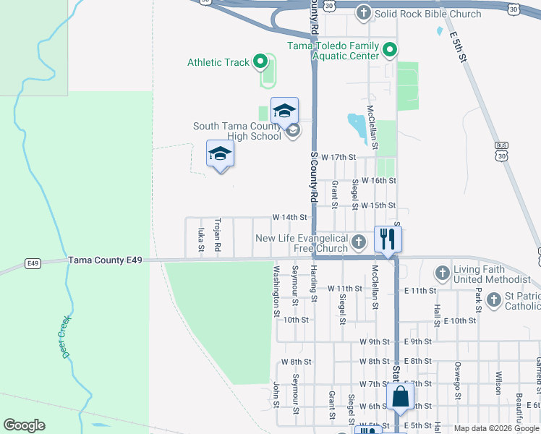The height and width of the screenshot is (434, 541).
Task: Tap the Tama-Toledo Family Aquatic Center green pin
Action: (390, 51)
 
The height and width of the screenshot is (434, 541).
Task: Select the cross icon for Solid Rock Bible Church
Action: (363, 13)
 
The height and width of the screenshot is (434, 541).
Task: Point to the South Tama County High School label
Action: (237, 131)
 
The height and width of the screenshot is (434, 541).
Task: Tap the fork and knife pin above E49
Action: (388, 239)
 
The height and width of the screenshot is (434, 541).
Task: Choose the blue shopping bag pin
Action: (399, 398)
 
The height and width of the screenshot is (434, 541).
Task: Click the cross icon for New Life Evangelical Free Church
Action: (360, 244)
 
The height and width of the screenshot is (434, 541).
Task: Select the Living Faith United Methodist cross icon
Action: (443, 273)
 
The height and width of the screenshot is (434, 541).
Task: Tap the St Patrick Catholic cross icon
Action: (493, 299)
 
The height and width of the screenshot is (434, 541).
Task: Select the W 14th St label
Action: (290, 217)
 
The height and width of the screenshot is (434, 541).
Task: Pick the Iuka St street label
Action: (200, 241)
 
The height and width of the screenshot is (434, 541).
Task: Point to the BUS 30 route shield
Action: (500, 150)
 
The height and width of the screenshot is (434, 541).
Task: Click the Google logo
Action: (24, 425)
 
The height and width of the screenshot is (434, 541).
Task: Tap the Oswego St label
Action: (457, 379)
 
